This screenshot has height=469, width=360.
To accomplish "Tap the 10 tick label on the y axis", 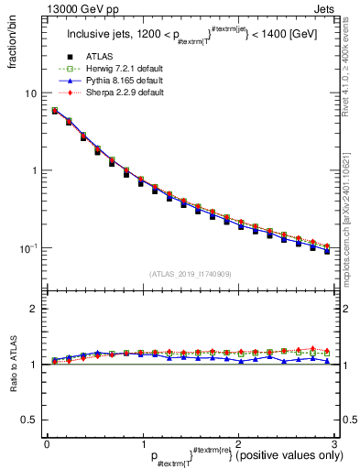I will [30, 93].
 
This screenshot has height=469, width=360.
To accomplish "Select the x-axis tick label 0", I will [46, 444].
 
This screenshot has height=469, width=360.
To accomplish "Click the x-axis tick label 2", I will [237, 444].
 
